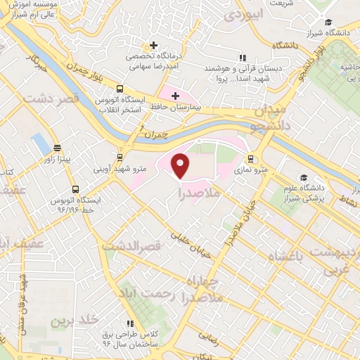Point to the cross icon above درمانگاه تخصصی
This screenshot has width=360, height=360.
point(153,46)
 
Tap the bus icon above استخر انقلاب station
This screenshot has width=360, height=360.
point(120,89)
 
